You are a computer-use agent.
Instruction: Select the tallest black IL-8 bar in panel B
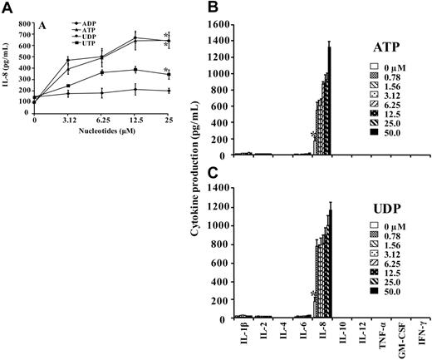click(328, 101)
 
